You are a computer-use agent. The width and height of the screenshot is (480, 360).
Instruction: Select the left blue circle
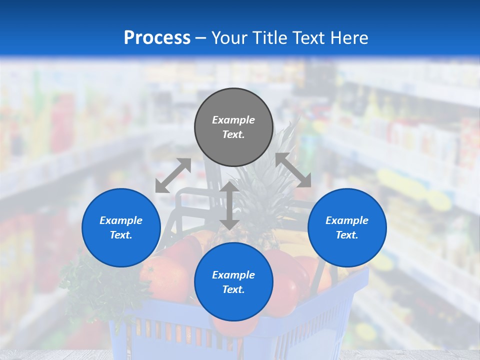click(121, 227)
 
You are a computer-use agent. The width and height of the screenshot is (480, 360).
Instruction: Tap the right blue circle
click(347, 227)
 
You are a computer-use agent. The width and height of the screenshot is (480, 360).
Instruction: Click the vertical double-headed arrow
click(229, 205)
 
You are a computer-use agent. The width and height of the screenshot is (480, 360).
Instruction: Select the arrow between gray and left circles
click(173, 175)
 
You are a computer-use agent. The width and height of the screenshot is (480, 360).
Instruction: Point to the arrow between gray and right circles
click(293, 170)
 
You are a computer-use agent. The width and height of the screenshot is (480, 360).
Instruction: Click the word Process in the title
click(157, 37)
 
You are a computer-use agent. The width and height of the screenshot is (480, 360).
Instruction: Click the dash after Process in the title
click(201, 38)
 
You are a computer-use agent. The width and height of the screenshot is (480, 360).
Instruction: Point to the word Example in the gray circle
click(233, 120)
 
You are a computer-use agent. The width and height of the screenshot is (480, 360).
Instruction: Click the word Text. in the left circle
click(121, 235)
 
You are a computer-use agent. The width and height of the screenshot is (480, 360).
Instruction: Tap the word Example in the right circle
click(347, 220)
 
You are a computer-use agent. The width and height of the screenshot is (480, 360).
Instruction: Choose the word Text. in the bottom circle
click(233, 289)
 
